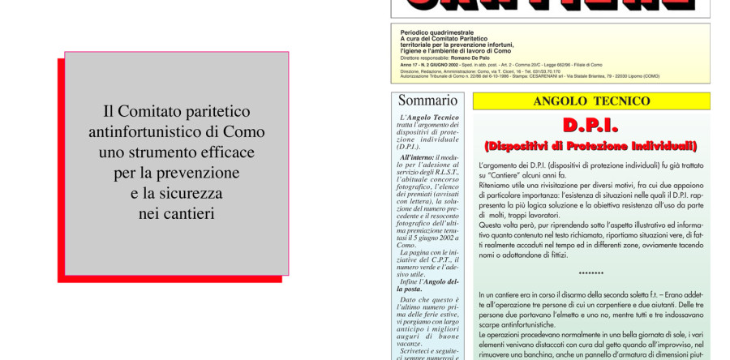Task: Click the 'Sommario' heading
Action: click(x=427, y=101)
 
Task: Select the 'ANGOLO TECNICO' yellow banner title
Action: click(x=591, y=101)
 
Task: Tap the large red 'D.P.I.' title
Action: click(x=590, y=126)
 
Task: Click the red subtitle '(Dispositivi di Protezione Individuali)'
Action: click(x=590, y=146)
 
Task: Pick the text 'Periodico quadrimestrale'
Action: click(x=437, y=32)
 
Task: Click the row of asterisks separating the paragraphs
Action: click(x=590, y=274)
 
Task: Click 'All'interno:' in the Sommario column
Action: click(x=417, y=157)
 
